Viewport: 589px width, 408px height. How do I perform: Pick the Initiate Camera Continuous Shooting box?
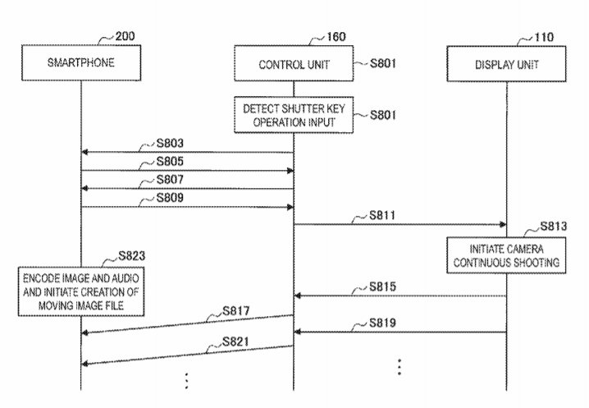tap(505, 254)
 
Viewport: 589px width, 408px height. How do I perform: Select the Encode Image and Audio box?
tap(80, 289)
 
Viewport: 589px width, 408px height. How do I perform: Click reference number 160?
tap(336, 37)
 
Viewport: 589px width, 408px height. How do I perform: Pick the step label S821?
tap(236, 340)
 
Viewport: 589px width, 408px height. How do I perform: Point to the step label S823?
tap(135, 254)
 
